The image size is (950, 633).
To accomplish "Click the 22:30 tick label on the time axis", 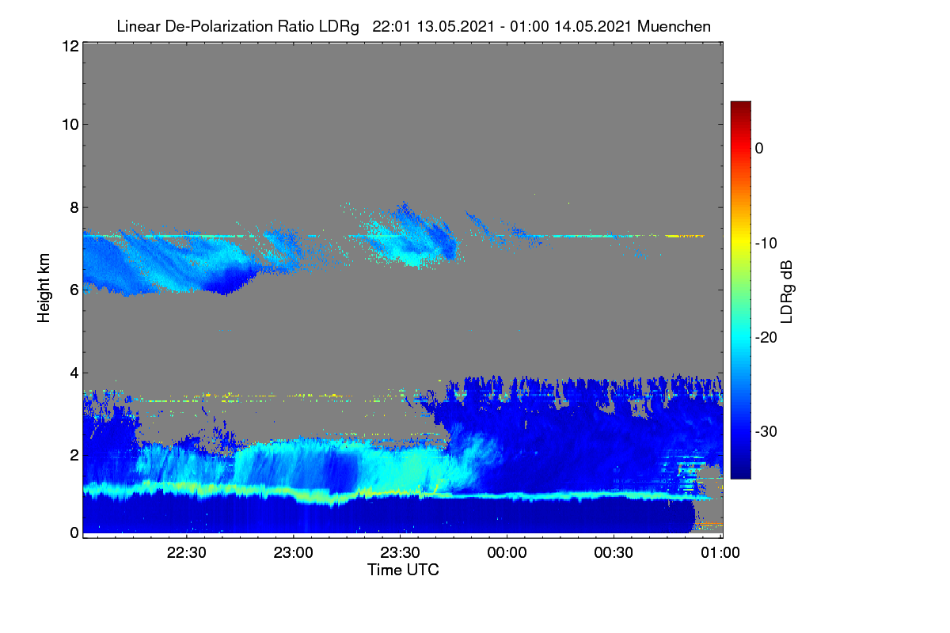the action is [186, 553].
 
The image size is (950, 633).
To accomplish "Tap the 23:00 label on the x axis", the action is [293, 553].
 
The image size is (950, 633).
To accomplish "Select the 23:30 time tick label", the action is [400, 553].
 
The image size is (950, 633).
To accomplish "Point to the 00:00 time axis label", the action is [507, 553].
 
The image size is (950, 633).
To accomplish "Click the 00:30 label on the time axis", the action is [614, 553].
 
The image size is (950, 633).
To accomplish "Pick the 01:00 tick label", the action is [720, 553].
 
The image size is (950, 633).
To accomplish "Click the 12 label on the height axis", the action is [70, 46].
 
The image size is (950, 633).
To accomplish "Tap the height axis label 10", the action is [70, 125].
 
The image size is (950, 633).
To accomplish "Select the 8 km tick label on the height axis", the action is [74, 208].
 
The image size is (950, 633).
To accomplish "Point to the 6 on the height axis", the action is [74, 290].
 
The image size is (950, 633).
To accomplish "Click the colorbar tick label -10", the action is [766, 244].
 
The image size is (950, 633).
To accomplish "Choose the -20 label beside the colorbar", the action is [766, 338].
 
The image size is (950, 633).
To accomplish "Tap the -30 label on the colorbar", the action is [766, 431].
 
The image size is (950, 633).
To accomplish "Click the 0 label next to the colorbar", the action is [759, 149].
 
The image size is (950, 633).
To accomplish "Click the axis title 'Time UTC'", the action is [403, 570].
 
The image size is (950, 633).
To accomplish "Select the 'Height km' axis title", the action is [44, 288].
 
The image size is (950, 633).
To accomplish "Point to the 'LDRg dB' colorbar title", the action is [786, 292].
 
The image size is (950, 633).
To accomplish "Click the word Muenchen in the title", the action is [674, 27].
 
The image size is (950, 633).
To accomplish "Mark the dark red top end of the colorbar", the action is [740, 102].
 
